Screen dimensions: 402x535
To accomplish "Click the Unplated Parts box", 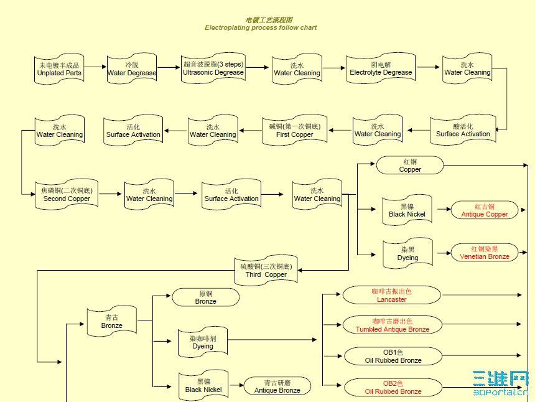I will pyautogui.click(x=59, y=69).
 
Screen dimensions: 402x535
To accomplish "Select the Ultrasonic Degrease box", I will pyautogui.click(x=213, y=68).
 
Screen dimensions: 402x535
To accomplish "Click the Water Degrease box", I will pyautogui.click(x=132, y=68).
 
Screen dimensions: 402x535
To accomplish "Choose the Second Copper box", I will pyautogui.click(x=67, y=195).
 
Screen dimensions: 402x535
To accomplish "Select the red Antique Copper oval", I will pyautogui.click(x=485, y=210).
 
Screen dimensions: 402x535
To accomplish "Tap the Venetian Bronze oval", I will pyautogui.click(x=485, y=253).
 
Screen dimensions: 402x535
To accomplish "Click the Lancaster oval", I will pyautogui.click(x=392, y=295).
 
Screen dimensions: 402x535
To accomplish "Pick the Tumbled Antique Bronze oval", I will pyautogui.click(x=392, y=325).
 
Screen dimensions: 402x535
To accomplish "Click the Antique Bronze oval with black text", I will pyautogui.click(x=277, y=386).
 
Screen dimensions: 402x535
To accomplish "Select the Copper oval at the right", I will pyautogui.click(x=410, y=166).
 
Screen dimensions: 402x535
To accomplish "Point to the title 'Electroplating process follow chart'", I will pyautogui.click(x=261, y=27).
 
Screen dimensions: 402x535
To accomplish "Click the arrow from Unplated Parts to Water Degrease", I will pyautogui.click(x=95, y=67).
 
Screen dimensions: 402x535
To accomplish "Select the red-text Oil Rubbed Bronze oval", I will pyautogui.click(x=393, y=388).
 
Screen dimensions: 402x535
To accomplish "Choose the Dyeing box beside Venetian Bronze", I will pyautogui.click(x=407, y=254).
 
